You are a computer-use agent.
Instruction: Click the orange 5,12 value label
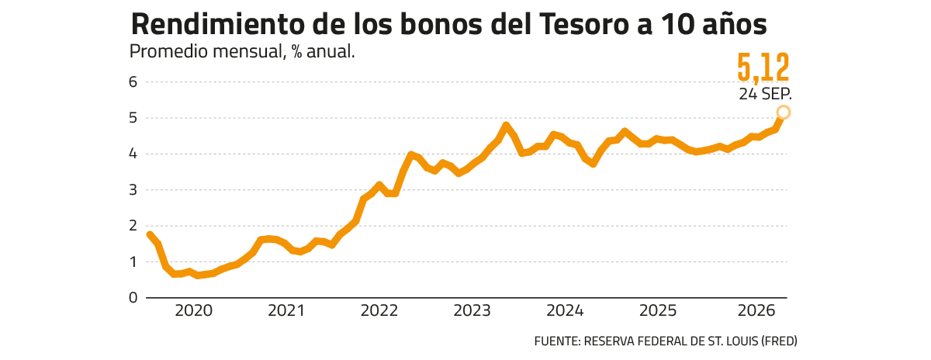click(763, 67)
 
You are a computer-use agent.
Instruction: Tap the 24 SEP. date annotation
click(765, 95)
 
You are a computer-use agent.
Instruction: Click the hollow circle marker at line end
click(783, 112)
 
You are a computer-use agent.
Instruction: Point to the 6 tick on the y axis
click(133, 82)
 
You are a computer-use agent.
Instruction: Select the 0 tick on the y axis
click(133, 298)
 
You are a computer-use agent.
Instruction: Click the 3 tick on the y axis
click(133, 190)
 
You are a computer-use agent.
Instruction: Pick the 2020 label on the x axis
click(194, 311)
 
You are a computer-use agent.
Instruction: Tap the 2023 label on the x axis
click(472, 311)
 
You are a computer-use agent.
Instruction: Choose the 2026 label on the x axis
click(756, 311)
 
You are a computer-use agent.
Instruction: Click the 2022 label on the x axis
click(379, 311)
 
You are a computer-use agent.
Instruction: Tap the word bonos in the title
click(441, 24)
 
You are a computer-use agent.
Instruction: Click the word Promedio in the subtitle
click(164, 51)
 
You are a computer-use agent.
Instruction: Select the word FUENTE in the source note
click(557, 341)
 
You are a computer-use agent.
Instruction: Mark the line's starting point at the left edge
click(150, 234)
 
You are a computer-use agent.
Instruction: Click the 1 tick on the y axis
click(133, 262)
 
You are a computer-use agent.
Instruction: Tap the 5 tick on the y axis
click(133, 118)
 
